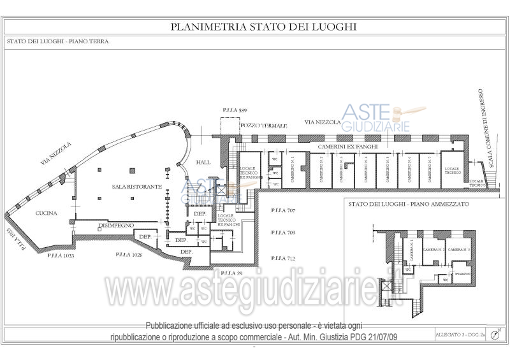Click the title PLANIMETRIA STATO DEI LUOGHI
(263, 27)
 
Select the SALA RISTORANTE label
(136, 187)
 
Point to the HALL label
(203, 162)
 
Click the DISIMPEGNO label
(115, 226)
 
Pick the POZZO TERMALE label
(264, 126)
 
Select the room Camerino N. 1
(293, 170)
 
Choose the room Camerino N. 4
(365, 170)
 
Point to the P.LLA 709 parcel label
(282, 233)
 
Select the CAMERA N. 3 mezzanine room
(459, 250)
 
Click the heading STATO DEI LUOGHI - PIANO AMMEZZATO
(409, 204)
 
